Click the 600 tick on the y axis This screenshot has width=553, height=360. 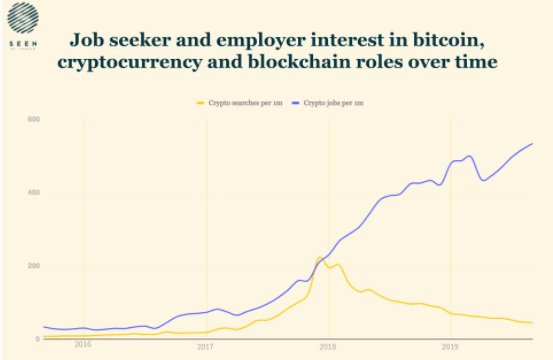pos(33,120)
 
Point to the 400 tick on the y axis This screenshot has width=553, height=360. pos(33,193)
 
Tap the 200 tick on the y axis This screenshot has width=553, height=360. pos(33,266)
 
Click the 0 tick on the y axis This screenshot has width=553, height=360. pos(37,339)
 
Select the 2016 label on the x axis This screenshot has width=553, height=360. pos(83,345)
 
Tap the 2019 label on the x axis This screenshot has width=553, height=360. pos(449,345)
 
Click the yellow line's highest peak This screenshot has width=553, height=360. pos(321,257)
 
